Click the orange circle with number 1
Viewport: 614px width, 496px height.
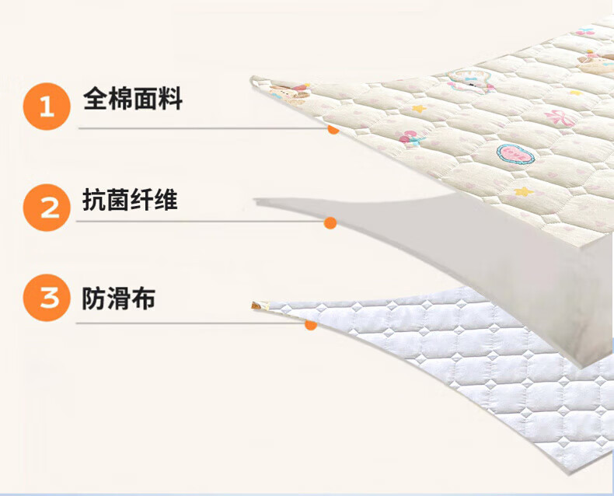click(x=47, y=106)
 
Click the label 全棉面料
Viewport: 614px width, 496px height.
click(x=132, y=100)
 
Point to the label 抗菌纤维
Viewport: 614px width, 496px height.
click(x=130, y=201)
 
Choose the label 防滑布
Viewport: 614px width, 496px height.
click(x=118, y=298)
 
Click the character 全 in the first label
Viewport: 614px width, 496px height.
click(x=95, y=100)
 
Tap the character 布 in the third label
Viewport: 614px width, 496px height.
click(x=143, y=298)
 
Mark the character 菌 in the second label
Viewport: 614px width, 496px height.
click(x=118, y=201)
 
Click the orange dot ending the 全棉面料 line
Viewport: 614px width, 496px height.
click(x=333, y=129)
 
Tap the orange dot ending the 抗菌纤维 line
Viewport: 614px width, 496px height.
click(x=330, y=223)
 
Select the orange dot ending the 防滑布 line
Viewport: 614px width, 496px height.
click(x=311, y=324)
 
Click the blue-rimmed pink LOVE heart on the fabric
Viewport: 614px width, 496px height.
click(x=516, y=152)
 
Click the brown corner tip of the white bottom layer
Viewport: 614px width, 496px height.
click(x=255, y=305)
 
